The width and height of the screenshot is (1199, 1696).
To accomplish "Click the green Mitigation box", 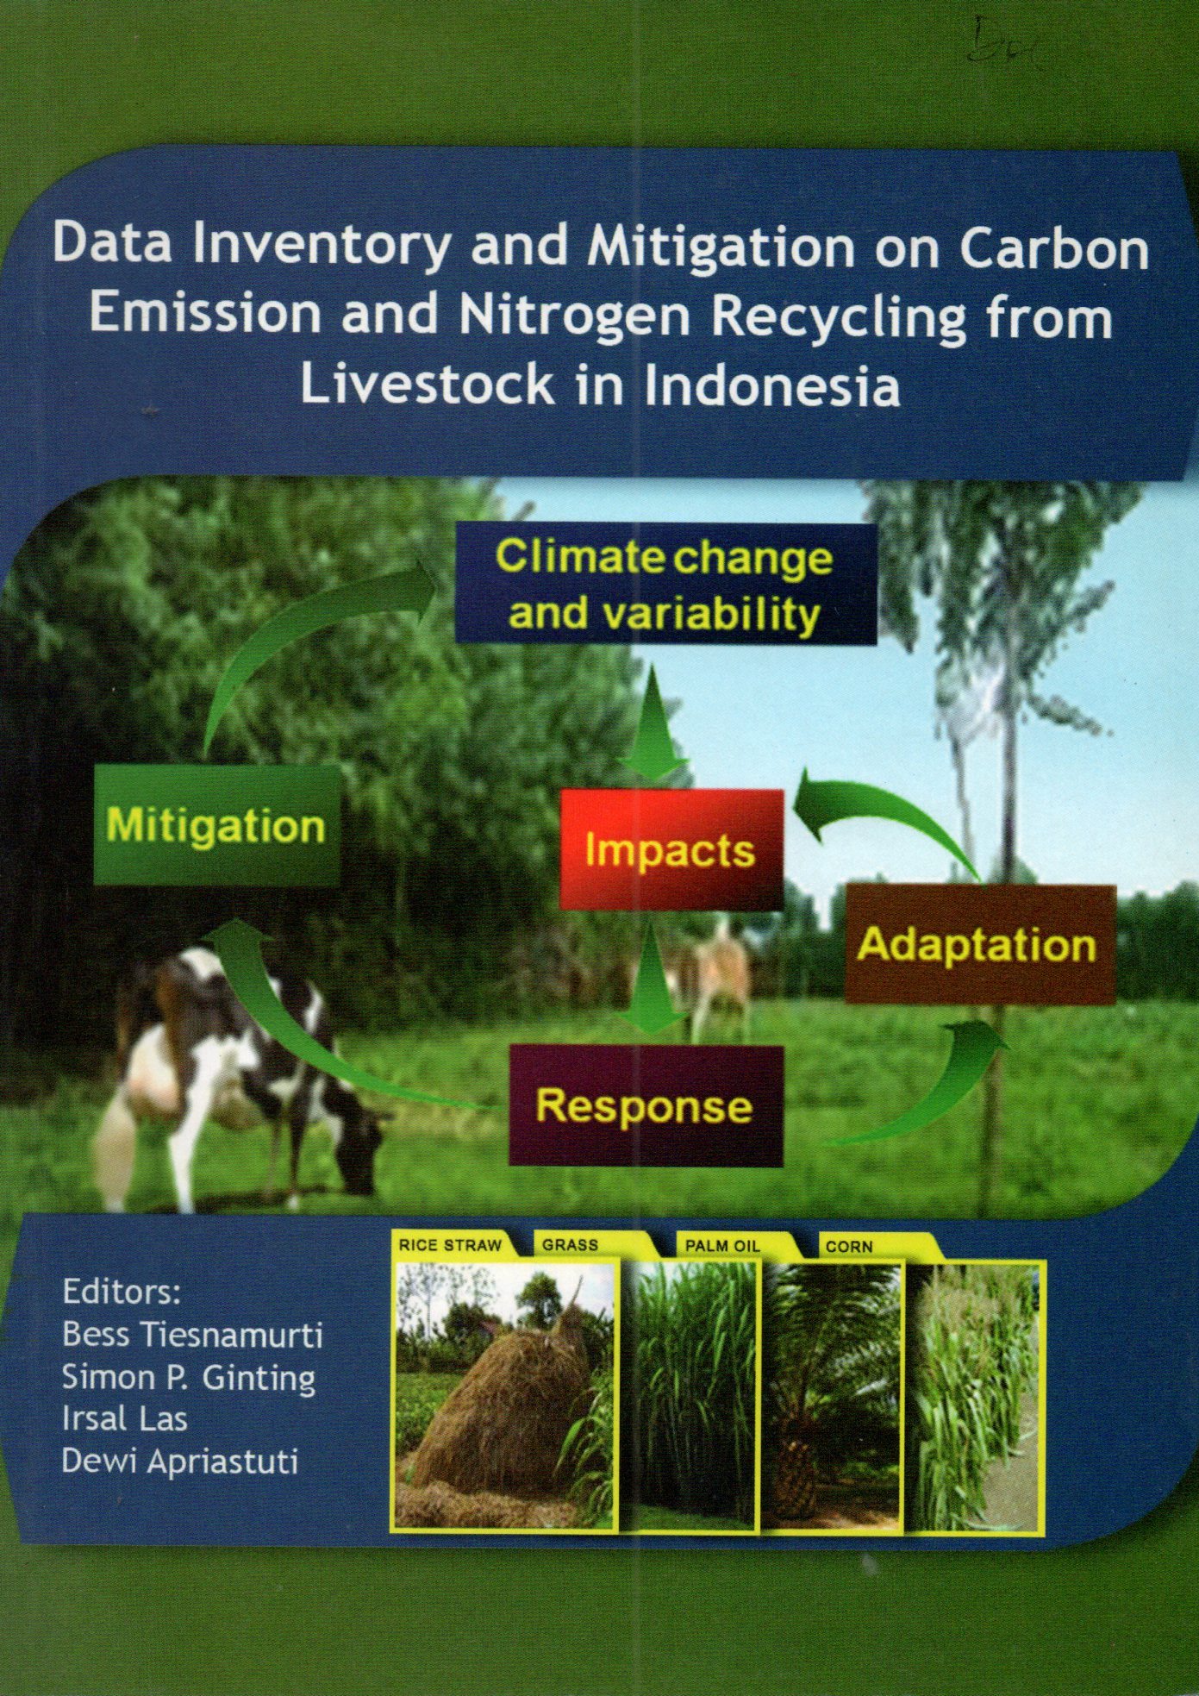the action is pos(216,825).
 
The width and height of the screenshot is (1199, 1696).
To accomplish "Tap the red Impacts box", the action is pos(671,849).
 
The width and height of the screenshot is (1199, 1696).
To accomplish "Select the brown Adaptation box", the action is pos(980,944).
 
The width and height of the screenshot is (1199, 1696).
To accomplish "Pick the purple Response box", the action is pos(646,1105).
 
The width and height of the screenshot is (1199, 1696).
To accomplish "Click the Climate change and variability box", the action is pos(665,584).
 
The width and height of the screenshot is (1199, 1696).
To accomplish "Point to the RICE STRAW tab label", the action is pos(450,1245).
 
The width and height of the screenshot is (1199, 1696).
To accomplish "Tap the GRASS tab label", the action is pos(571,1245).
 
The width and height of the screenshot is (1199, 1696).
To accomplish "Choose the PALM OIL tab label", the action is pos(722,1246).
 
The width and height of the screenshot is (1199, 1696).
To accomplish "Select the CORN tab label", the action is pos(849,1247).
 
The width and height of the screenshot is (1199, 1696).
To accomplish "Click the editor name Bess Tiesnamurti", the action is pos(192,1336).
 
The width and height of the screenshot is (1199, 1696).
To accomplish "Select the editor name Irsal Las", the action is pos(124,1418).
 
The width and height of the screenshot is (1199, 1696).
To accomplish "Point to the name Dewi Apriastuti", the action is pos(180,1462).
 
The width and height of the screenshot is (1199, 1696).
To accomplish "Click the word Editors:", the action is pos(122,1292).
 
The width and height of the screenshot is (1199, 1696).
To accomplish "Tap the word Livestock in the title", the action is pos(428,385).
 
